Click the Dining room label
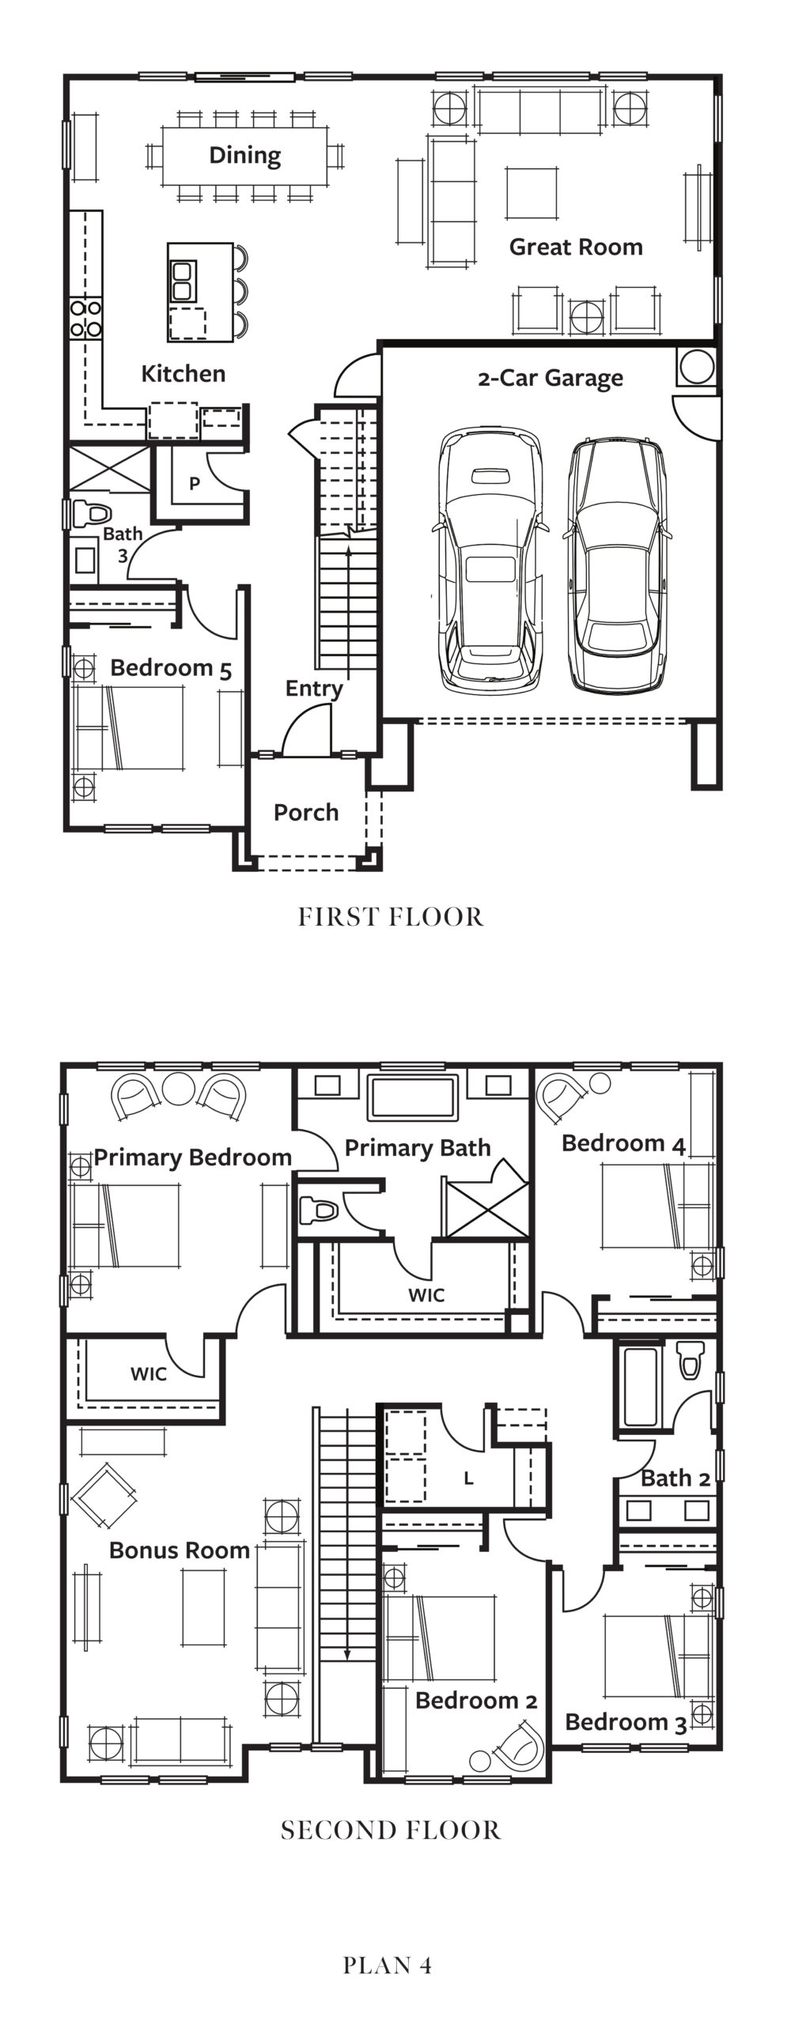point(244,156)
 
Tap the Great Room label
point(576,247)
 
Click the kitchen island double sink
point(182,281)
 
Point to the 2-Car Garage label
point(551,379)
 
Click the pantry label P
point(194,484)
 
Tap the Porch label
point(306,812)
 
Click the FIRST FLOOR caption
point(391,916)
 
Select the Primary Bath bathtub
point(411,1097)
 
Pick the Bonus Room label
point(180,1550)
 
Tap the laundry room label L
point(469,1478)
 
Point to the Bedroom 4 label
point(623,1143)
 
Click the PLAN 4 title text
point(388,1965)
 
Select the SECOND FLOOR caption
point(391,1830)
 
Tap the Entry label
point(314,689)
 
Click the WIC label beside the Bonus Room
point(149,1374)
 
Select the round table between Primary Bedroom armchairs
point(180,1087)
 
